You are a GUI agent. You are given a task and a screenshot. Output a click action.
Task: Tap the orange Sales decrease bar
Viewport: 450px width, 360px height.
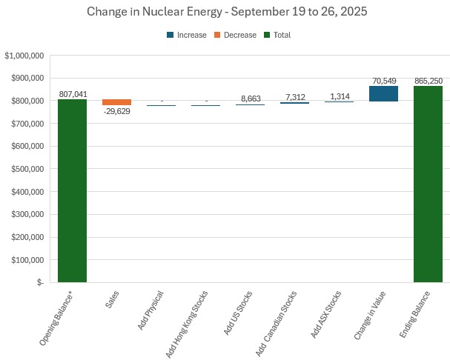coord(116,102)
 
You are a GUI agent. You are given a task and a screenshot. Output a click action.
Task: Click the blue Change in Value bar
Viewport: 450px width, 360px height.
coord(383,93)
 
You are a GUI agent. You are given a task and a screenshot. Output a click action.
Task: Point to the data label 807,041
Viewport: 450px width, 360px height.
coord(72,94)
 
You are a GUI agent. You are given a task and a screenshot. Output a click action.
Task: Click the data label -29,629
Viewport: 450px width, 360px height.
coord(117,112)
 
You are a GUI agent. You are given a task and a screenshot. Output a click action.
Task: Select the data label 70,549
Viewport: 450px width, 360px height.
coord(383,80)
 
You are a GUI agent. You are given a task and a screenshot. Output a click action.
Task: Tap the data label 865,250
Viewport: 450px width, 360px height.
coord(428,81)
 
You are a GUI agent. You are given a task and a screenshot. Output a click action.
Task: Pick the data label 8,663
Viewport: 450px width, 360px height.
coord(250,99)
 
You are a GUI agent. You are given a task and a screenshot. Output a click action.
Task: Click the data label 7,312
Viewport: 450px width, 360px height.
coord(294,97)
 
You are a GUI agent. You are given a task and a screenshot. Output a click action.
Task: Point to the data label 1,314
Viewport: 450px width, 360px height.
coord(339,96)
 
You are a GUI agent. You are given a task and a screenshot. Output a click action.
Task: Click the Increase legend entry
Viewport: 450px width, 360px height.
coord(186,35)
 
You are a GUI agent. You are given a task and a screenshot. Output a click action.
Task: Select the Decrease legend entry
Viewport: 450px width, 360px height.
coord(235,35)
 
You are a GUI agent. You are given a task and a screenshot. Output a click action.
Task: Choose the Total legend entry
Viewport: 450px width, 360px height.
coord(278,35)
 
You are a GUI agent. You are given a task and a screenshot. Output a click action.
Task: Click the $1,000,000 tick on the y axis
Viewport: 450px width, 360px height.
coord(24,56)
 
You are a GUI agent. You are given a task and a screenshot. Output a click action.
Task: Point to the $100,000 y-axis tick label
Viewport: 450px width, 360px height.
coord(27,260)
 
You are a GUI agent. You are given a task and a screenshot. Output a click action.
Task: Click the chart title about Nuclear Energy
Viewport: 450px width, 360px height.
coord(225,12)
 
